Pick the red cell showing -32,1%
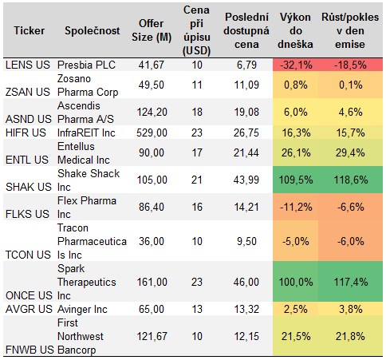(296, 63)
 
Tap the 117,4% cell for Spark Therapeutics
(351, 282)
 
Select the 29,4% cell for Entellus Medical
(351, 151)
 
